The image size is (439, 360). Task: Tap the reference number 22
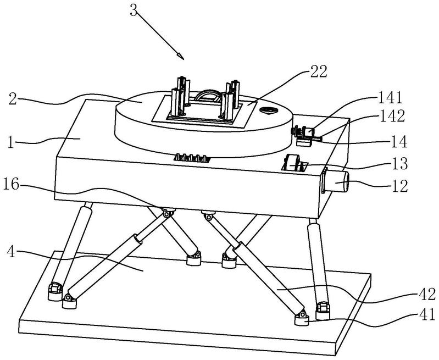coord(318,71)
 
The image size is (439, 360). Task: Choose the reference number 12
coord(399,186)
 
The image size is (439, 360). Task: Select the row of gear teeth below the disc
coord(192,158)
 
